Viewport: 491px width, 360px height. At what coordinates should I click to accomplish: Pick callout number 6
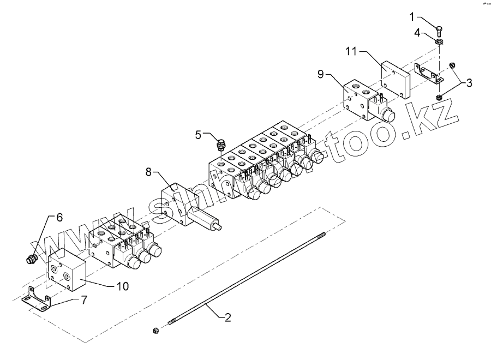pos(59,217)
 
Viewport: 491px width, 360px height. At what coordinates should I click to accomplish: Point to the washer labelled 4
pos(440,41)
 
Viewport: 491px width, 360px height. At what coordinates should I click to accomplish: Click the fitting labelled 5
pos(221,146)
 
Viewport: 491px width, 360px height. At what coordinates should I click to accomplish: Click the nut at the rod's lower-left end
pos(156,330)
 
